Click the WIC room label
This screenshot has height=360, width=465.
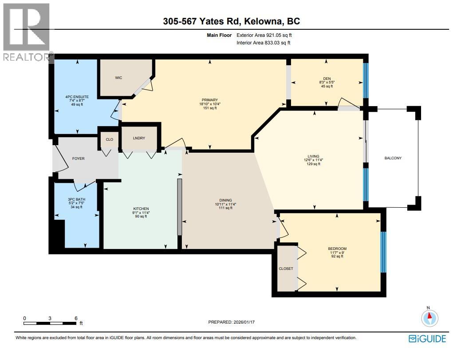point(118,78)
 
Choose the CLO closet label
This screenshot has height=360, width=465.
point(109,139)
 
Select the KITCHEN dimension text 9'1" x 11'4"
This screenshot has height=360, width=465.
point(141,213)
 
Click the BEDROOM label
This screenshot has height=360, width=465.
point(337,248)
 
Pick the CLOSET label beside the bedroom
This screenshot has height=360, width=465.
point(286,269)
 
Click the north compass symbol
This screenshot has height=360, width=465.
point(429,317)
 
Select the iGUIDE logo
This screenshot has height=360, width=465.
point(427,339)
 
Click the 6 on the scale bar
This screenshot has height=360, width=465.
point(76,318)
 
